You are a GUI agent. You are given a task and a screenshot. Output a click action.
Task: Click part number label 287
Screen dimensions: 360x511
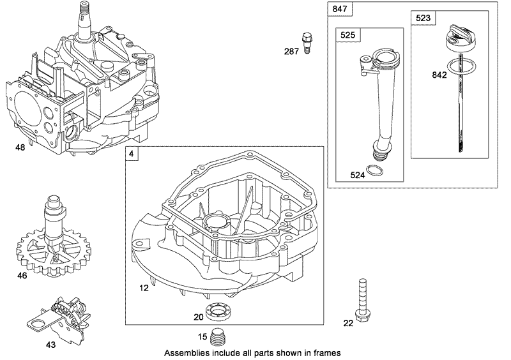point(292,50)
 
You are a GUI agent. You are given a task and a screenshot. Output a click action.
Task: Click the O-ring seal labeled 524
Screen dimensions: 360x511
point(378,170)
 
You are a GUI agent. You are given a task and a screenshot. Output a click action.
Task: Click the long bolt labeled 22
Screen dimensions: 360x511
point(362,300)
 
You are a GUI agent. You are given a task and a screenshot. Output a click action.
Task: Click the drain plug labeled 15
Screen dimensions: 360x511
point(222,335)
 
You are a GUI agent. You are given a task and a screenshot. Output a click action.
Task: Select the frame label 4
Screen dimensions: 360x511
point(132,154)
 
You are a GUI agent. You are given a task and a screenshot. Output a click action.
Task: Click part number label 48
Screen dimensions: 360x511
point(20,147)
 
